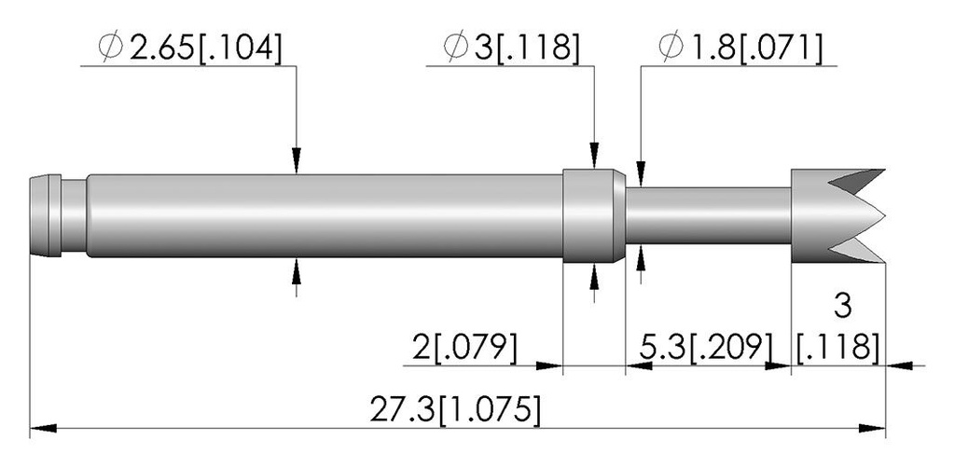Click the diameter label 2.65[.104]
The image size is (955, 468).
(x=206, y=48)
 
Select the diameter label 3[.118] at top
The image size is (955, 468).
(x=526, y=48)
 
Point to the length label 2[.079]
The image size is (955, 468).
(x=464, y=347)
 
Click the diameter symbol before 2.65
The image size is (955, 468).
(x=111, y=48)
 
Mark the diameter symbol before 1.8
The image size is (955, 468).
(x=671, y=48)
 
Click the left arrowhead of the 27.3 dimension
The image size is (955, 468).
(x=43, y=429)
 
